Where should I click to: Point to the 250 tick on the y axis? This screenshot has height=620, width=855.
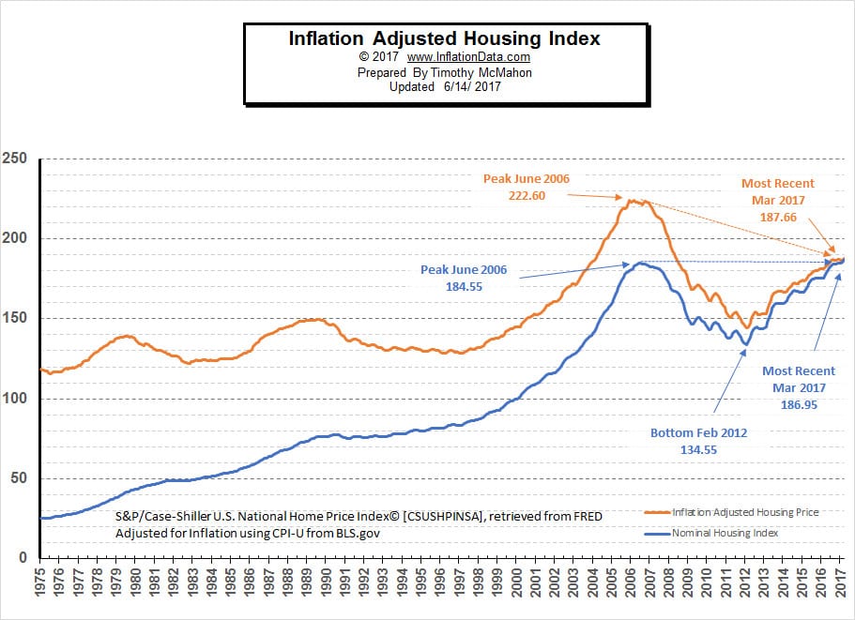point(15,159)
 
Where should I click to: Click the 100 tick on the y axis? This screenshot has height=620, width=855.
point(15,399)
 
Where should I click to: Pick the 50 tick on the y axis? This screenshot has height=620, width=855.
point(18,478)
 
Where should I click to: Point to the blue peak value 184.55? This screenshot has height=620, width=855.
point(464,286)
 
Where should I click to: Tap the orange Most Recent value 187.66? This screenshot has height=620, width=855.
point(778,215)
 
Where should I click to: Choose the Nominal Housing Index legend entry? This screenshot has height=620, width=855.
point(725,533)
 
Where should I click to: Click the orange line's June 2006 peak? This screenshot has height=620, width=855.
point(633,200)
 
